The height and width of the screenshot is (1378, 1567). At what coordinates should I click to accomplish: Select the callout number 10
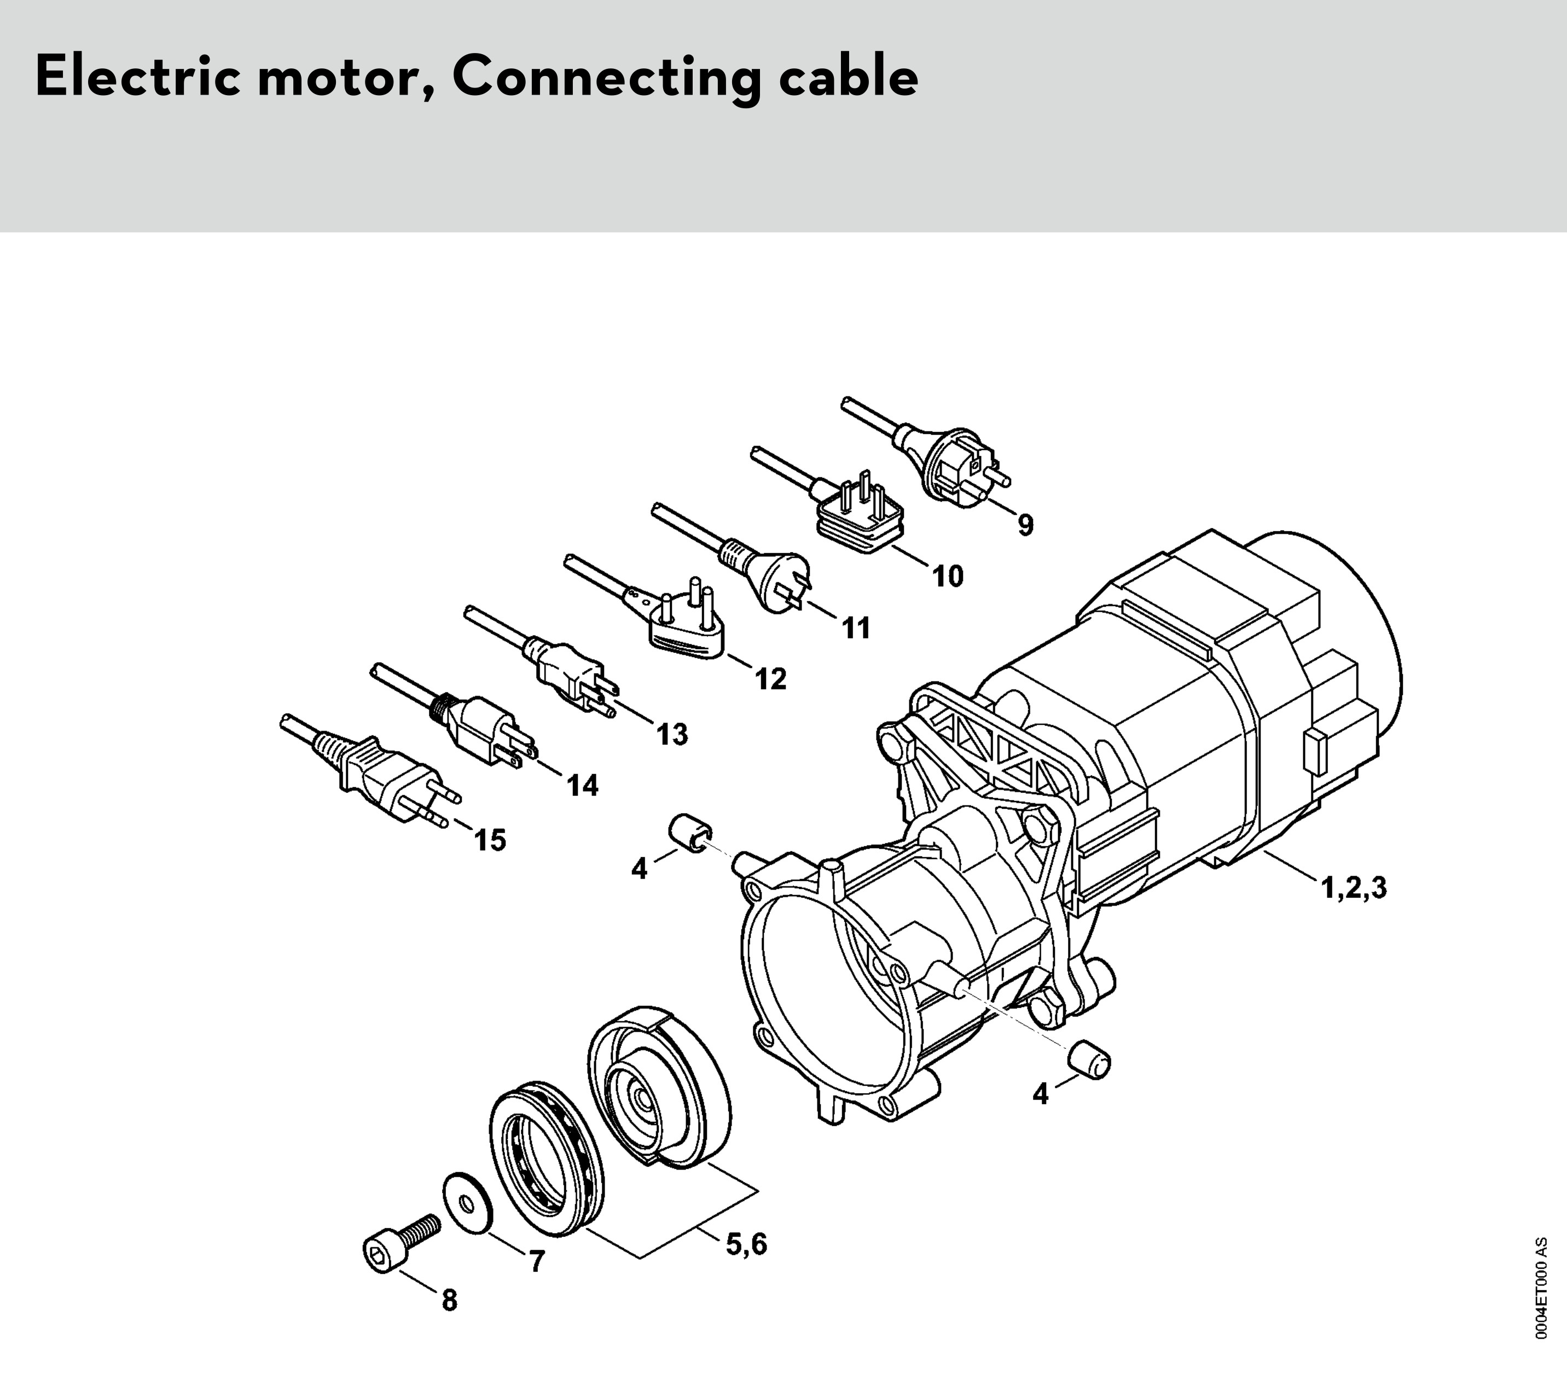pyautogui.click(x=948, y=576)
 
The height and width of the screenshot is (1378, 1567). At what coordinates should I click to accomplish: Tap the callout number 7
pyautogui.click(x=537, y=1283)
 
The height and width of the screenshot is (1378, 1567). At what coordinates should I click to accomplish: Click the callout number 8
pyautogui.click(x=449, y=1322)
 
